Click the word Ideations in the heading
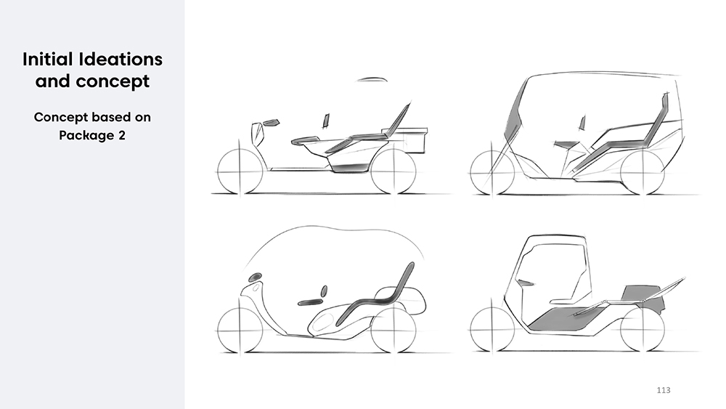pos(121,60)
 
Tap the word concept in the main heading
pos(113,81)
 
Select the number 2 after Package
pos(122,135)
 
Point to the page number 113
pos(664,390)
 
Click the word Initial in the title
pos(48,60)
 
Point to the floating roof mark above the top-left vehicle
pos(372,79)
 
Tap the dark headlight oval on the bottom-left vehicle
pos(255,278)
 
